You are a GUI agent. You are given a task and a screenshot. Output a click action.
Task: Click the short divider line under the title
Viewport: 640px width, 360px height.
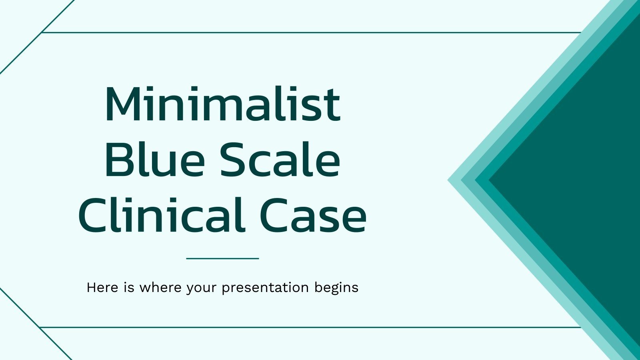pyautogui.click(x=222, y=258)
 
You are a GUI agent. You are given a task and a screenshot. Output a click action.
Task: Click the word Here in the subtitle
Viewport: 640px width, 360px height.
pyautogui.click(x=102, y=288)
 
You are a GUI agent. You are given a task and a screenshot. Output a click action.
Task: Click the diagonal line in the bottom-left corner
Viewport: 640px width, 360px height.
pyautogui.click(x=36, y=324)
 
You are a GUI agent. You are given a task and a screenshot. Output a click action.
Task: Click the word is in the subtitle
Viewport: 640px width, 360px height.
pyautogui.click(x=129, y=288)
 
